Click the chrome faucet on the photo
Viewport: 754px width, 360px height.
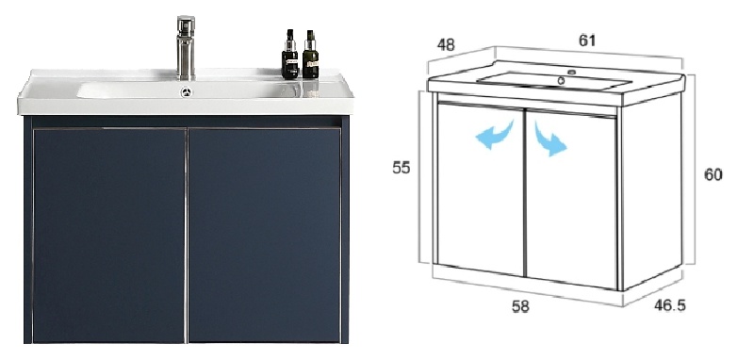coord(186,47)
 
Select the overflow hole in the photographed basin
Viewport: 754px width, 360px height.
coord(186,91)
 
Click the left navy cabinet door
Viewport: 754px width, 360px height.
coord(109,236)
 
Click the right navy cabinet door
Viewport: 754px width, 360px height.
coord(265,236)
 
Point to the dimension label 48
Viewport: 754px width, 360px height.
coord(446,44)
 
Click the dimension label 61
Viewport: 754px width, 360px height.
coord(586,41)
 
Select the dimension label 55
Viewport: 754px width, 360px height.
coord(402,168)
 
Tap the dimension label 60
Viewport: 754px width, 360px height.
coord(713,174)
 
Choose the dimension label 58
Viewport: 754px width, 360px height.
coord(520,306)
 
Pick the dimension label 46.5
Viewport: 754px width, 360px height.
coord(670,304)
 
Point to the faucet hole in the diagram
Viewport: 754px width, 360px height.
coord(572,73)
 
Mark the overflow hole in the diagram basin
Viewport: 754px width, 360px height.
coord(561,81)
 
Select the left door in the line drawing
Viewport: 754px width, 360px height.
coord(481,188)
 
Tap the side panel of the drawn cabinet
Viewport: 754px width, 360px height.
coord(652,191)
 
